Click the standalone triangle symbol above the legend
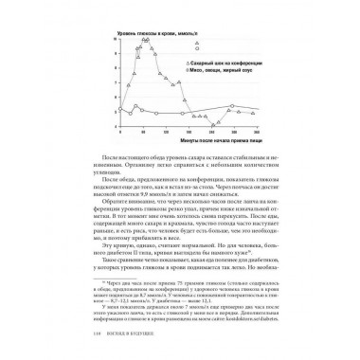click(x=196, y=45)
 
